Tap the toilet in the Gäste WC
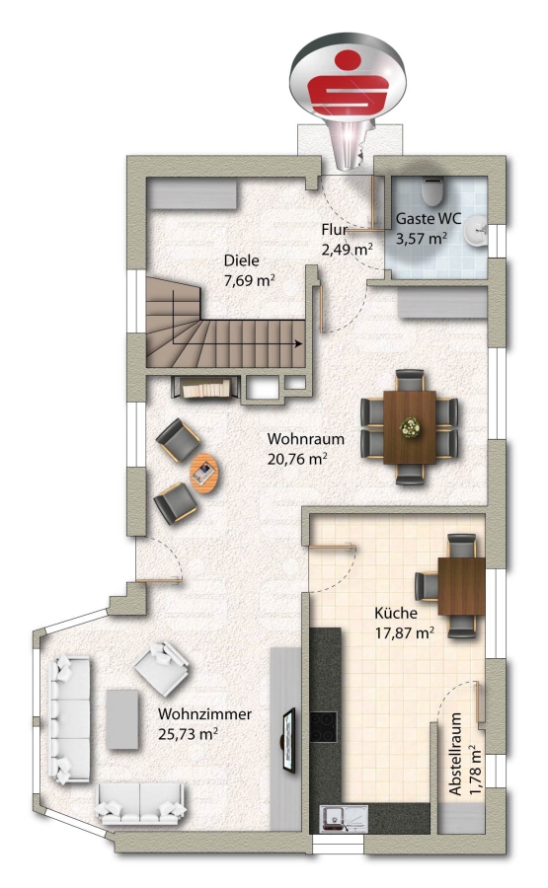pyautogui.click(x=433, y=191)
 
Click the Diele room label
pyautogui.click(x=241, y=261)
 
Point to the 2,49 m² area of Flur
pyautogui.click(x=347, y=250)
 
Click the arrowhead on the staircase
pyautogui.click(x=297, y=343)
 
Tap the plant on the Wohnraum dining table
pyautogui.click(x=409, y=426)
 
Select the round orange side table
pyautogui.click(x=203, y=473)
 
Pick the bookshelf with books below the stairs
pyautogui.click(x=205, y=388)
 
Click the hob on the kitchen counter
pyautogui.click(x=323, y=726)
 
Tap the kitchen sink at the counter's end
pyautogui.click(x=344, y=819)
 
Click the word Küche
pyautogui.click(x=396, y=613)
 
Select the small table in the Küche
pyautogui.click(x=461, y=586)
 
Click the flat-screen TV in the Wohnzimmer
pyautogui.click(x=289, y=740)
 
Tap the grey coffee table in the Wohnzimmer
pyautogui.click(x=122, y=719)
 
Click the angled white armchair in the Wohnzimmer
pyautogui.click(x=162, y=668)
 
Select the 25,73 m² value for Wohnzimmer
pyautogui.click(x=189, y=734)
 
